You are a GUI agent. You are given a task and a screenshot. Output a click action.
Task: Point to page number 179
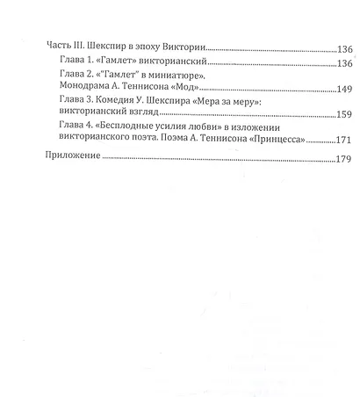341,159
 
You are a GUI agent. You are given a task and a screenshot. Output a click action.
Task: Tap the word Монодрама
84,90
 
